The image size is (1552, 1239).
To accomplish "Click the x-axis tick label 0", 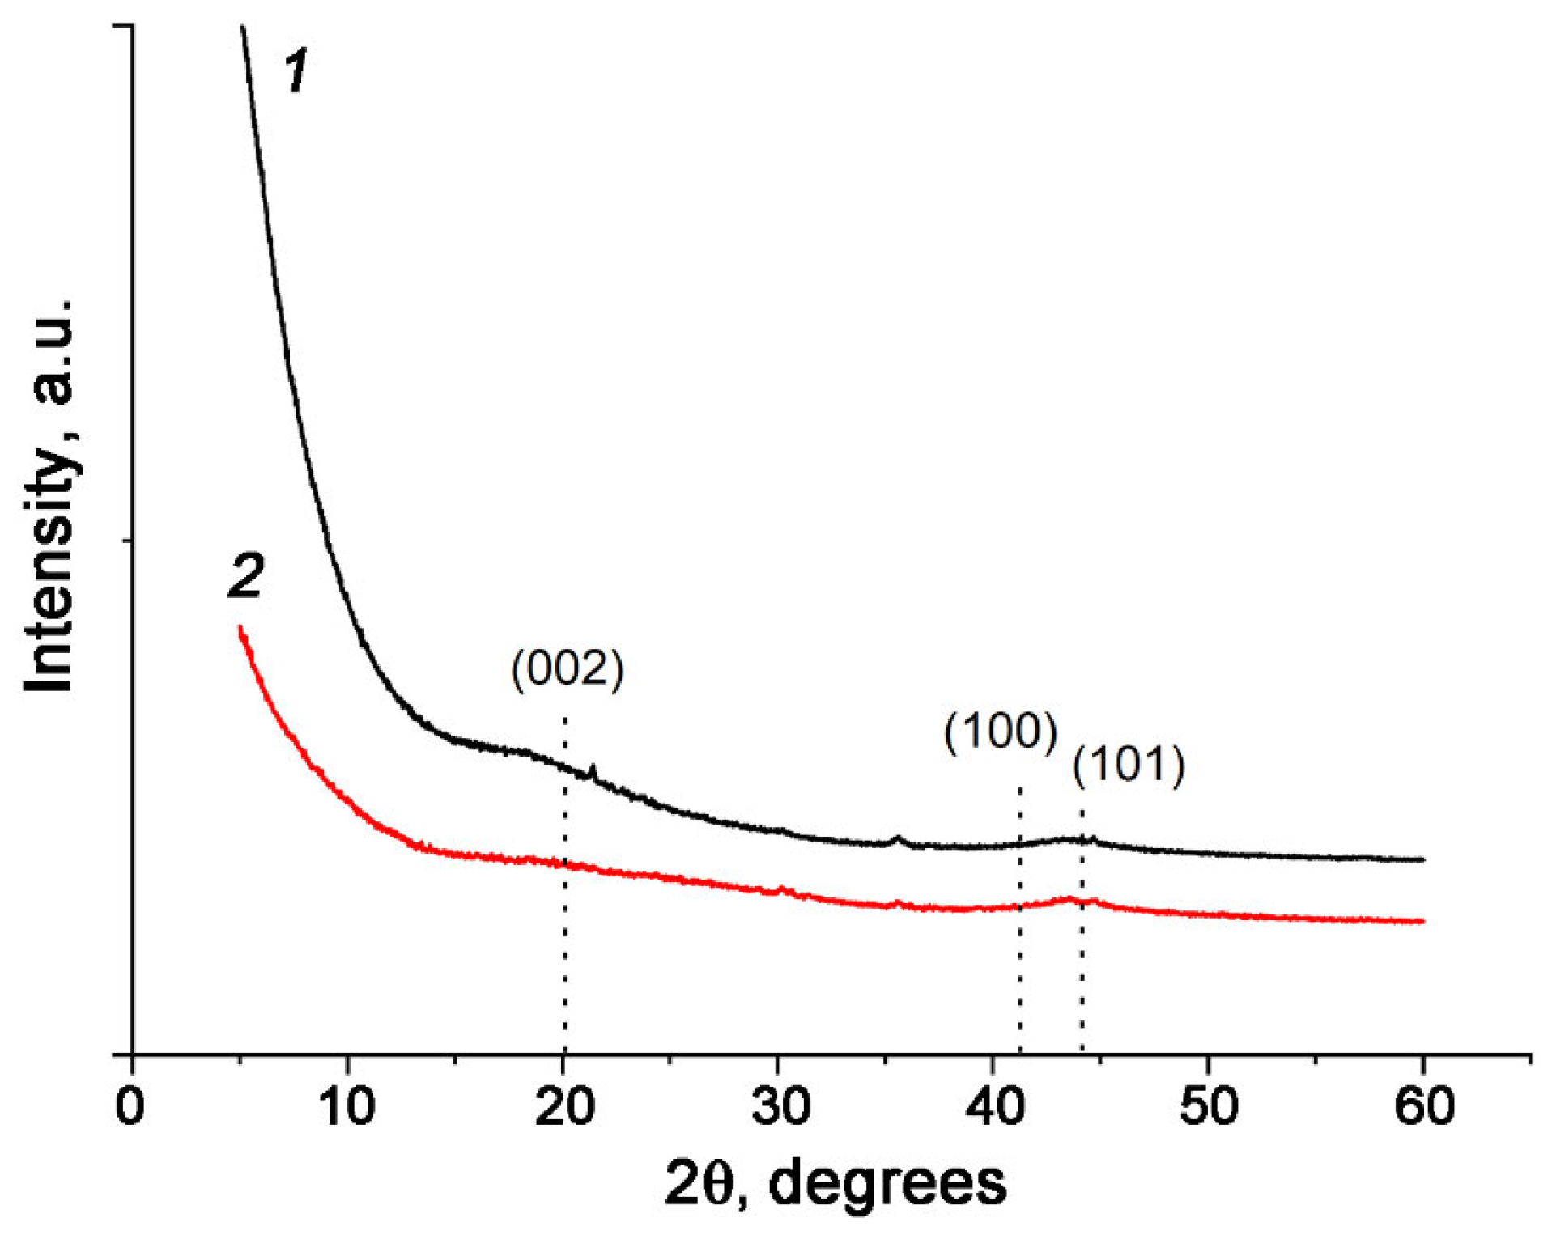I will coord(130,1106).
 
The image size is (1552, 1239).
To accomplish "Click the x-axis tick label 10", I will coord(347,1106).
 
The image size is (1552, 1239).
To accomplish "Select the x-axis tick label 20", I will coord(563,1106).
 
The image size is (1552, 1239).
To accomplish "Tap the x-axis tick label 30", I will coord(779,1106).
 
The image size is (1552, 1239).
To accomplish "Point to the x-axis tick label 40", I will coord(994,1106).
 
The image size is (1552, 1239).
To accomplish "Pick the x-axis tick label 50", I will coord(1209,1106).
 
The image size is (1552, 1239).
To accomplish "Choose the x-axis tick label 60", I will coord(1424,1106).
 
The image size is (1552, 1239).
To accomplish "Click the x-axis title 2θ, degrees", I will coord(836,1183).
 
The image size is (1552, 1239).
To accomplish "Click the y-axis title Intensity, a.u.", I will coord(49,495).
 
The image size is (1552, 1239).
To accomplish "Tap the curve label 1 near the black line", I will coord(297,70).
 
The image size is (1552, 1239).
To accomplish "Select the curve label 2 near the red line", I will coord(245,576).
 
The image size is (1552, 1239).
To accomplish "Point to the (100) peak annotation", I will coord(1001,732).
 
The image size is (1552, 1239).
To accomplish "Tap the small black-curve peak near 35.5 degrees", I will coord(897,838).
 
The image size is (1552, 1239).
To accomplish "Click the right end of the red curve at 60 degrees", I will coord(1422,921).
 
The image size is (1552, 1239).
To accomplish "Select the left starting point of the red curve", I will coord(240,627).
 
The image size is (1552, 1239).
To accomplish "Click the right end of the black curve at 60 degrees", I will coord(1422,859).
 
